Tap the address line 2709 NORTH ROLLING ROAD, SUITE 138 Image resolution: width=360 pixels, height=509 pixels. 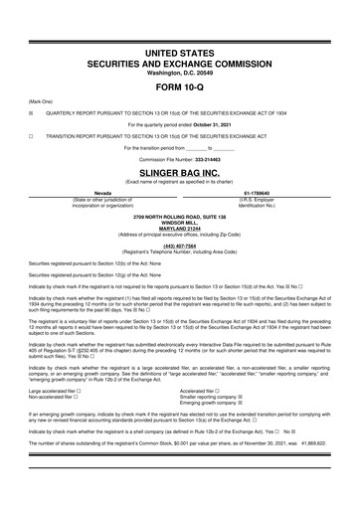pos(180,214)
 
